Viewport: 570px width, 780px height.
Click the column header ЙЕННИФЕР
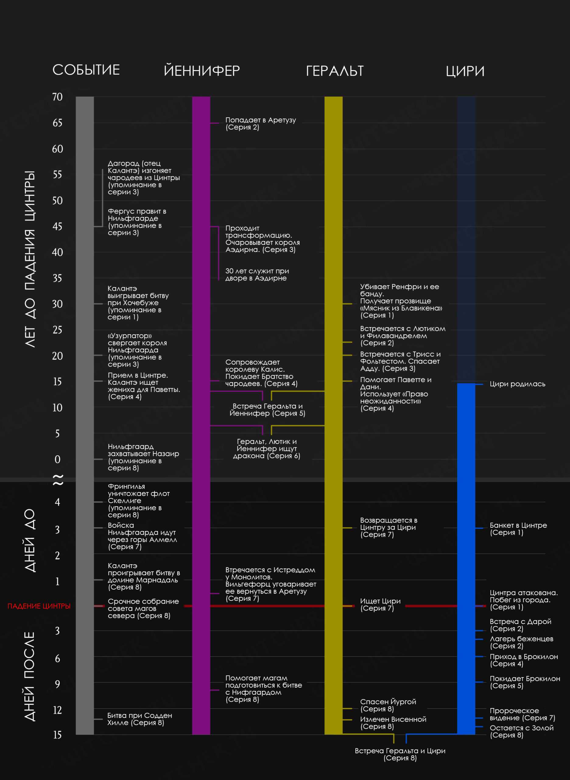click(x=202, y=71)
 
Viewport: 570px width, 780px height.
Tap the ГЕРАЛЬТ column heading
click(x=334, y=71)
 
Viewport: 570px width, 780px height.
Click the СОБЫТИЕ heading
click(x=86, y=70)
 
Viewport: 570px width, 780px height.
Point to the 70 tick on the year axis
click(x=57, y=97)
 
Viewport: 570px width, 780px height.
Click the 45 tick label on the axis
click(x=57, y=226)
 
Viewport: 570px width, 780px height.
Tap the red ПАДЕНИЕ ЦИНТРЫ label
click(x=39, y=606)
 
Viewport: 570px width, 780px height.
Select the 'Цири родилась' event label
click(x=517, y=384)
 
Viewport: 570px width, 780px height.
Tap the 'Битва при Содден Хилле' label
click(x=139, y=719)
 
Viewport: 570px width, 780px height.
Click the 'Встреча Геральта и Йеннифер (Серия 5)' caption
click(x=267, y=409)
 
